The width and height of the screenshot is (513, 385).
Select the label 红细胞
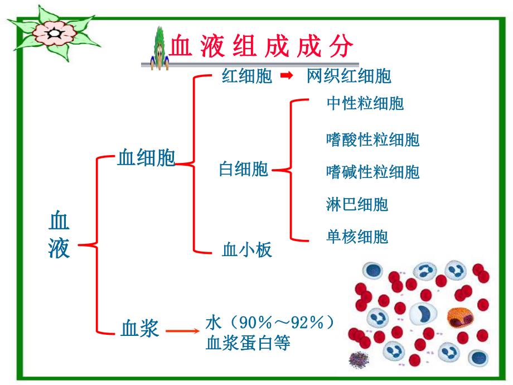pyautogui.click(x=246, y=76)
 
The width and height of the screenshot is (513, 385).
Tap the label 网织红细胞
pyautogui.click(x=349, y=76)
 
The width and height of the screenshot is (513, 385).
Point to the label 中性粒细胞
pyautogui.click(x=365, y=104)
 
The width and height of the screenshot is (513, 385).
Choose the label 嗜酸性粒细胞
pyautogui.click(x=372, y=139)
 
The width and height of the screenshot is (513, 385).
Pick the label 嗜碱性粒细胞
pyautogui.click(x=372, y=171)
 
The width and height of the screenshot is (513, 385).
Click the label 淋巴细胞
pyautogui.click(x=357, y=204)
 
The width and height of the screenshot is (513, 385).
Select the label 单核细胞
pyautogui.click(x=357, y=237)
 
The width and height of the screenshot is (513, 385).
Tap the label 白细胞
pyautogui.click(x=243, y=169)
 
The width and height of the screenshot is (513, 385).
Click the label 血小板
pyautogui.click(x=246, y=249)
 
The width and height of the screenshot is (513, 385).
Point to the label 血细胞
pyautogui.click(x=146, y=158)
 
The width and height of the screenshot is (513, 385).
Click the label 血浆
pyautogui.click(x=140, y=329)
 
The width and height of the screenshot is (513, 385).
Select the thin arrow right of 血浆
pyautogui.click(x=183, y=331)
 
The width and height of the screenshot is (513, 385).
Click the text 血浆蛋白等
pyautogui.click(x=248, y=343)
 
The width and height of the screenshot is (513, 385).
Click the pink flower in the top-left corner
pyautogui.click(x=55, y=34)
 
